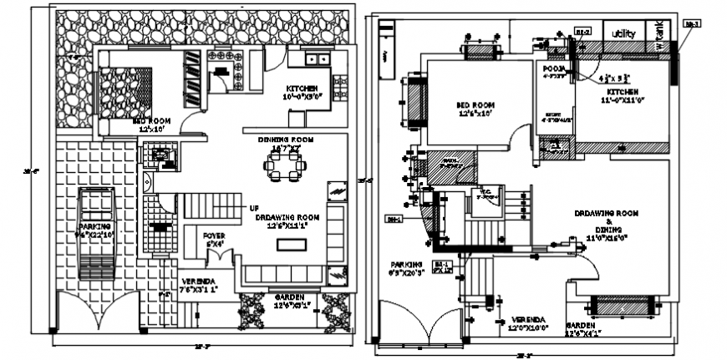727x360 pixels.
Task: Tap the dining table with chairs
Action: (x=282, y=166)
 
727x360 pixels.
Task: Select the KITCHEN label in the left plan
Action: (x=302, y=89)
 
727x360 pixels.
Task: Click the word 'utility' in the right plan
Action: (x=624, y=34)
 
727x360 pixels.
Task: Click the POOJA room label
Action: (x=554, y=68)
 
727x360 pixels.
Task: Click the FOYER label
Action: (x=215, y=236)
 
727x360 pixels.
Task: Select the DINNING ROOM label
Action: (x=284, y=139)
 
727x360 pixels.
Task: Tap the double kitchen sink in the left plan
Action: (x=318, y=58)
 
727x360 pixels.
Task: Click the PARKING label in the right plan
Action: (x=406, y=265)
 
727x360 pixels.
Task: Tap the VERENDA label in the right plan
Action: (x=526, y=320)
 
